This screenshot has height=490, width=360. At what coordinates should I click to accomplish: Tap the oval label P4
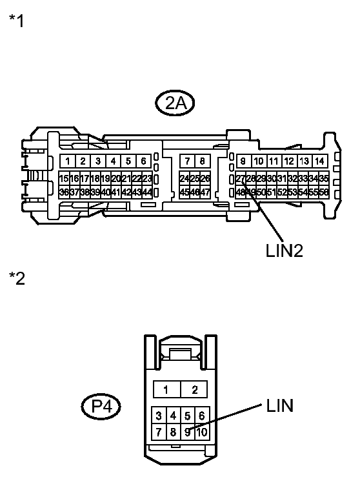pos(101,407)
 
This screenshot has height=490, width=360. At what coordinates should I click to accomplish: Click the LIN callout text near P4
pos(279,405)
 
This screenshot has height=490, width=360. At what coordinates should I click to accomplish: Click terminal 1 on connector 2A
pos(67,161)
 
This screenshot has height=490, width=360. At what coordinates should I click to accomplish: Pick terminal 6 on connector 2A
pos(143,161)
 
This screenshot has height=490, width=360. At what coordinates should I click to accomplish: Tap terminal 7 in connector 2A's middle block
pos(187,161)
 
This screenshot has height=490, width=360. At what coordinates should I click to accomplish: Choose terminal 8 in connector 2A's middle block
pos(202,161)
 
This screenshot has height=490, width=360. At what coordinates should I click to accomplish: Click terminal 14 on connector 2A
pos(319,161)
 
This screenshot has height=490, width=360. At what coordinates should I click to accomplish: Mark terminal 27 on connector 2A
pos(240,178)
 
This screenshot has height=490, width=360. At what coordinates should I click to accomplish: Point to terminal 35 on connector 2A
pos(324,178)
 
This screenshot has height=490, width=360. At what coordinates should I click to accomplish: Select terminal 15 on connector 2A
pos(64,178)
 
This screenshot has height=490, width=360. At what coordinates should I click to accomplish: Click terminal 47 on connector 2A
pos(206,192)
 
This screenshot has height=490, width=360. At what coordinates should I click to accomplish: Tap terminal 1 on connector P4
pos(166,389)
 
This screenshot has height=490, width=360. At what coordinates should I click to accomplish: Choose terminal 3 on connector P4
pos(159,416)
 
